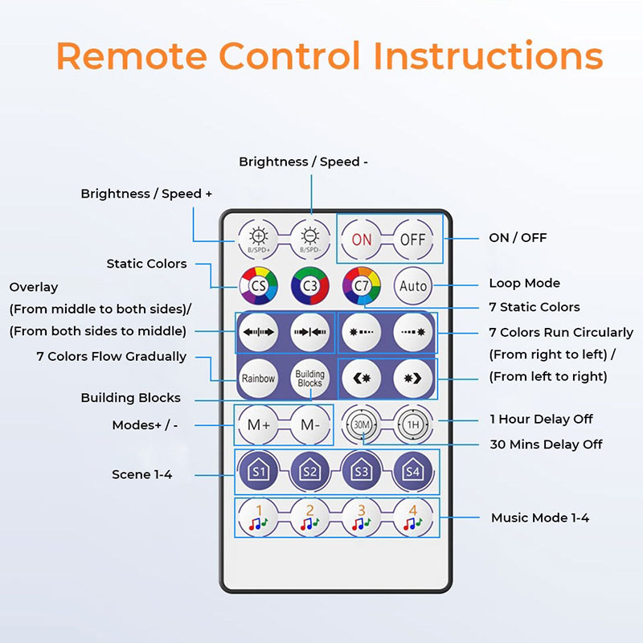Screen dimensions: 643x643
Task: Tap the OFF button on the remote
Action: pos(413,240)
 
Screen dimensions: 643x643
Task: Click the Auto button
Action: pos(413,285)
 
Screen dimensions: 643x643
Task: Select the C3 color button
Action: pos(310,285)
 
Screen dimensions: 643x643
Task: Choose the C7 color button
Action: pos(362,285)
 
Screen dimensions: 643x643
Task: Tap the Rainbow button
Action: pos(259,378)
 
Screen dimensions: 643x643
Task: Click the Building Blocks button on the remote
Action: pos(310,378)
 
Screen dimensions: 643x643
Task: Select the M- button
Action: pos(310,424)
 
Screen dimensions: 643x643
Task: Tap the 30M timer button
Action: pos(362,424)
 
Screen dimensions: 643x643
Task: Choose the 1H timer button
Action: pos(413,424)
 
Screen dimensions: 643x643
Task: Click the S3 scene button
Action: pos(362,472)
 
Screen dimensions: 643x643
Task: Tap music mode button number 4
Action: pos(413,518)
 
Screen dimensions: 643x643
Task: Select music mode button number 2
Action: pos(310,518)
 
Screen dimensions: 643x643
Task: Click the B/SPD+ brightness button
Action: pos(259,239)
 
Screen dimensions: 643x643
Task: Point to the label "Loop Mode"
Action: pos(524,283)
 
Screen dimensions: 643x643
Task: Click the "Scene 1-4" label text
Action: pos(142,474)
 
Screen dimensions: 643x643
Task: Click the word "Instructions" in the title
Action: pos(488,56)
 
